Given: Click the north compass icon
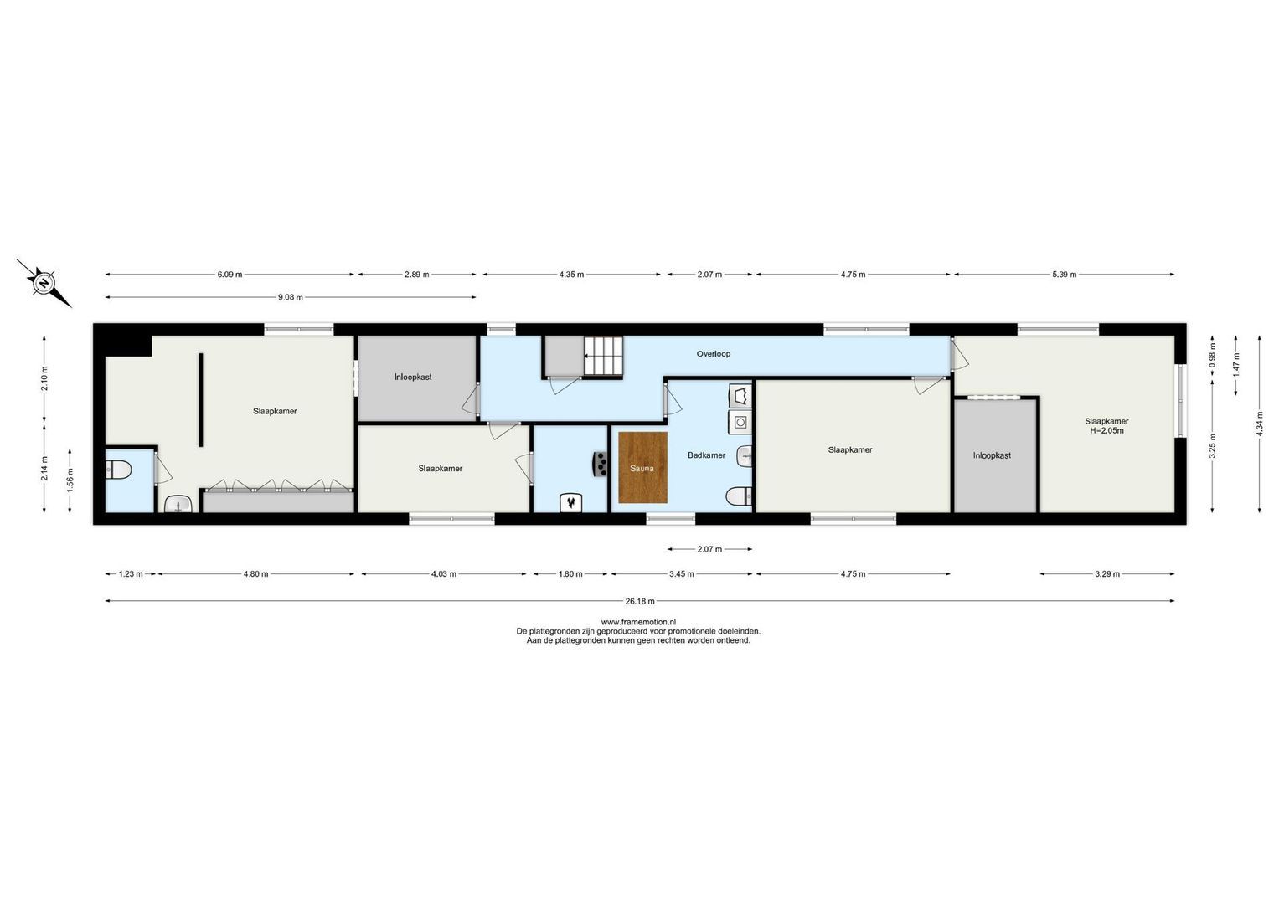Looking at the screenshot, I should point(44,283).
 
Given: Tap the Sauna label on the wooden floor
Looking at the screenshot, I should point(642,469).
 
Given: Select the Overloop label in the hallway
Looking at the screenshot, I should point(713,354).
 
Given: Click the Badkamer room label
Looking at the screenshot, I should point(706,455).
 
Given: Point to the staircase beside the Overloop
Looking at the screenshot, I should point(604,357).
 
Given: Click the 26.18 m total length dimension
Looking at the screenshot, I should point(640,601).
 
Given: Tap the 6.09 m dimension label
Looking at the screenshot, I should point(229,275).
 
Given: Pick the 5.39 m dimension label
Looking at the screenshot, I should point(1064,275).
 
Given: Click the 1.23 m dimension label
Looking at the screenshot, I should point(130,574).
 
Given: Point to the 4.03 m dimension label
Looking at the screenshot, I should point(444,574).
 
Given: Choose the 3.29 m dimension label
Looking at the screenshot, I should point(1106,574).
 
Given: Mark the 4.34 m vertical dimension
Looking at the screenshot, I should point(1260,424).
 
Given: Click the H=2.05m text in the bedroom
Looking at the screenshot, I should point(1106,431).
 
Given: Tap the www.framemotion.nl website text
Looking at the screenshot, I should point(638,622).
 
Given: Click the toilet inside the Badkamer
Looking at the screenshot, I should point(737,497).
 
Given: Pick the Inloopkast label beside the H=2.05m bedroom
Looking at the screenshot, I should point(992,455).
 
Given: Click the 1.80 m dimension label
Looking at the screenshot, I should point(570,574).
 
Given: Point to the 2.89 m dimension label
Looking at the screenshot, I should point(416,275).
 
